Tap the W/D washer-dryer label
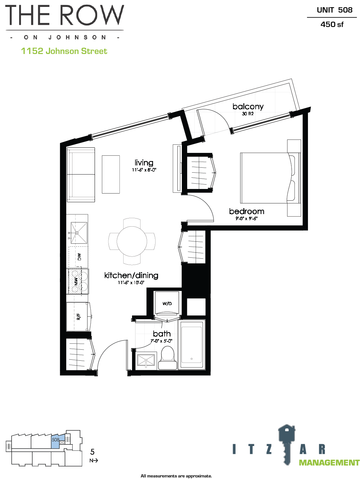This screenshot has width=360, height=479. pyautogui.click(x=167, y=304)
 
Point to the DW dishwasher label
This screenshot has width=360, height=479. pyautogui.click(x=79, y=257)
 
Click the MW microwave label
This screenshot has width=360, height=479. pyautogui.click(x=76, y=282)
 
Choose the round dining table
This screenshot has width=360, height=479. pyautogui.click(x=132, y=241)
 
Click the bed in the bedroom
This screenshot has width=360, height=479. pyautogui.click(x=270, y=178)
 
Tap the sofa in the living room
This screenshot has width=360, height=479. pyautogui.click(x=81, y=175)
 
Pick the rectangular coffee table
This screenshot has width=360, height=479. pyautogui.click(x=111, y=174)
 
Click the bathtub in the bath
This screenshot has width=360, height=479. pyautogui.click(x=192, y=345)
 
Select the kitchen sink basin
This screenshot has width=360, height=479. pyautogui.click(x=79, y=233)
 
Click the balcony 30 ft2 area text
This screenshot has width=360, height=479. pyautogui.click(x=248, y=114)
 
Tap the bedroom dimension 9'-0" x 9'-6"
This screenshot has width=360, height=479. pyautogui.click(x=246, y=218)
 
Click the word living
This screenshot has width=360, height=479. pyautogui.click(x=144, y=163)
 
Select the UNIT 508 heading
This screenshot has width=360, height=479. pyautogui.click(x=335, y=10)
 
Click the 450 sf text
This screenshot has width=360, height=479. pyautogui.click(x=332, y=24)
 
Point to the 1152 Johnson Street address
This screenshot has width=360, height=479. pyautogui.click(x=64, y=51)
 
